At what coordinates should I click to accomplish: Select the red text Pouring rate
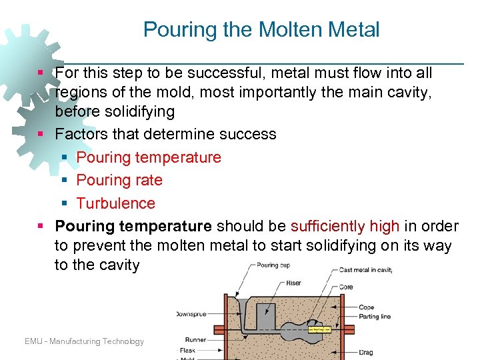119,180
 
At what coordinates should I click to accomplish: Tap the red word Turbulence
115,203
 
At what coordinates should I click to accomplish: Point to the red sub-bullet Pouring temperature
149,157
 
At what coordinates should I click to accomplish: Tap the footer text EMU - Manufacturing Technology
84,341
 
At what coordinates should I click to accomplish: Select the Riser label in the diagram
293,283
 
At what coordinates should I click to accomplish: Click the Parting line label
375,317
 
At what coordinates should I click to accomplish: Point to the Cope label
367,307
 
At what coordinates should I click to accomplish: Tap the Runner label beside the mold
195,340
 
